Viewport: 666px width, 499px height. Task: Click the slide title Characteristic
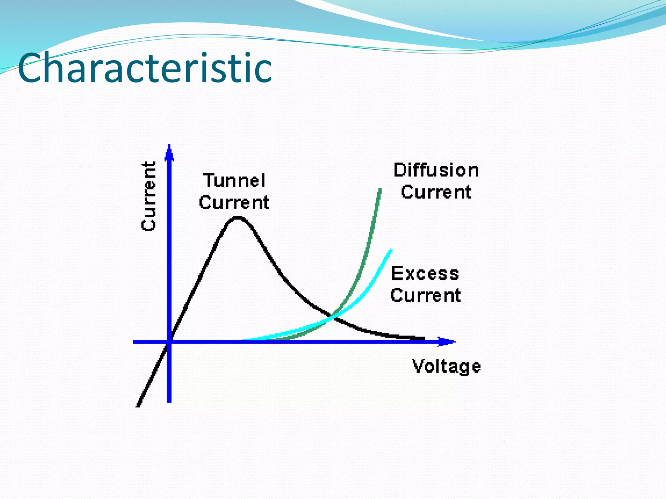145,68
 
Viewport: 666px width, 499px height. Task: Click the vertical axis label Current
149,196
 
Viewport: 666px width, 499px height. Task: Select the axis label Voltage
446,366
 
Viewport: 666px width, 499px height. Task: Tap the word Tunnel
234,181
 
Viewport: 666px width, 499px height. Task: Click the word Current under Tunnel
234,203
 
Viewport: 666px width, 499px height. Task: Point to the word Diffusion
436,170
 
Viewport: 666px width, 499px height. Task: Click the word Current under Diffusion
436,192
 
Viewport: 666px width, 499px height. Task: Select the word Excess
425,273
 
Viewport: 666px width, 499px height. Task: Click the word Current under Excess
425,295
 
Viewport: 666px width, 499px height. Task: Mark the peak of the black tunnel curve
238,218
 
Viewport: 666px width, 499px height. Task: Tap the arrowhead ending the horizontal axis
447,341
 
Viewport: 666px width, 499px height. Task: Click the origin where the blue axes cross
169,342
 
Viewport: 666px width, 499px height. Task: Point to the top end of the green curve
380,190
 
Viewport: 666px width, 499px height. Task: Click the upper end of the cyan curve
391,250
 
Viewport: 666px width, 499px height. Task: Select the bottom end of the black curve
138,405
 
